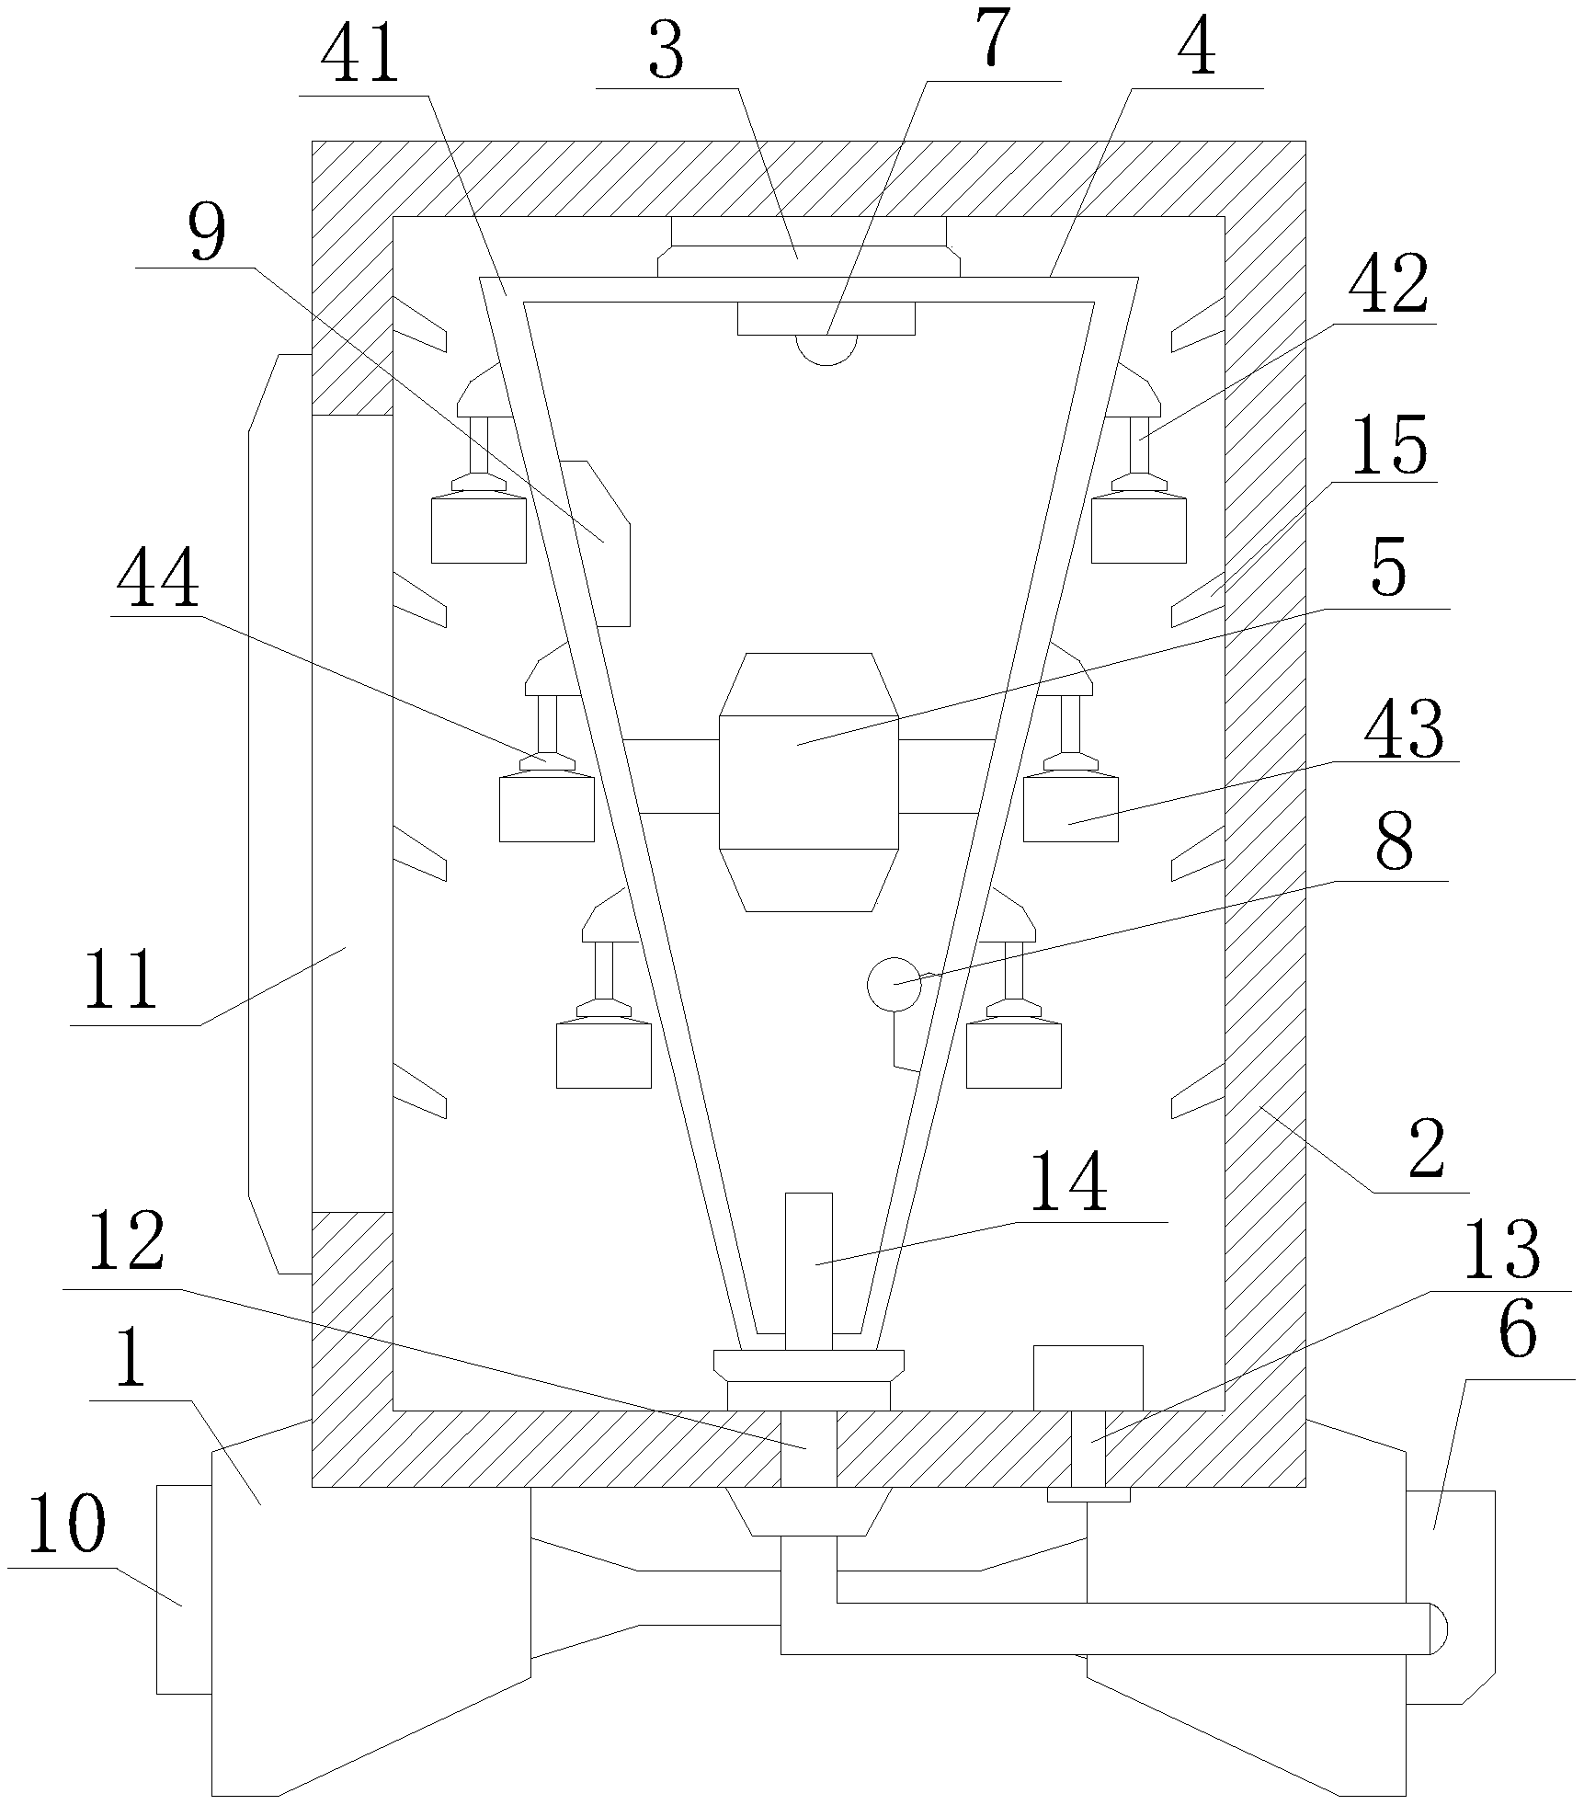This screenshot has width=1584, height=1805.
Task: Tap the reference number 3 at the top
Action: pos(666,54)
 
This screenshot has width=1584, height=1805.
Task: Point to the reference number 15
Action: pos(1388,446)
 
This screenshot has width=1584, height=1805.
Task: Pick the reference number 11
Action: pos(120,981)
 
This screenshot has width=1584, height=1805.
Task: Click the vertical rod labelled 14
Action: pos(809,1270)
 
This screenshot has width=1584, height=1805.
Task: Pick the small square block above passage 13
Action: pos(1088,1377)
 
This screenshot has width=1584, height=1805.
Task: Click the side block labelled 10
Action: pos(183,1588)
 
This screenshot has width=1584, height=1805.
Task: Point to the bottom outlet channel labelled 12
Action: pos(808,1448)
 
